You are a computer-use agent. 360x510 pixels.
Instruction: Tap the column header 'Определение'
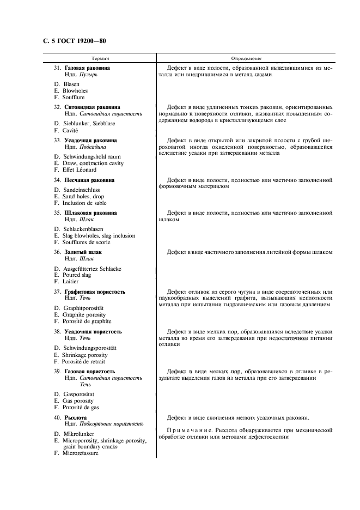tap(246, 58)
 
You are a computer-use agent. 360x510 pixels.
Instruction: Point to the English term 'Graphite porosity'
tap(84, 315)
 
